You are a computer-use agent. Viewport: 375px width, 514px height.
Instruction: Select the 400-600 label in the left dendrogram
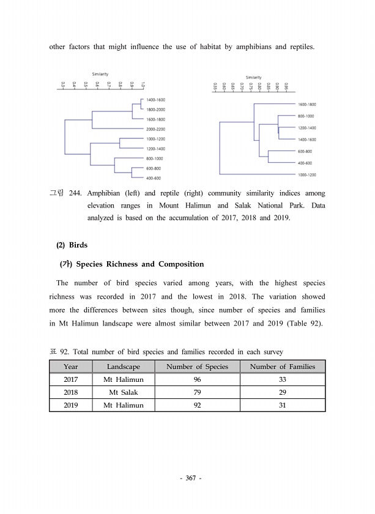[x=153, y=178]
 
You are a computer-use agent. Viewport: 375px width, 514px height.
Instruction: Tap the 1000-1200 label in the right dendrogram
[x=306, y=174]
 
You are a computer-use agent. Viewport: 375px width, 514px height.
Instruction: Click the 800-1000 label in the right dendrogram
[x=306, y=116]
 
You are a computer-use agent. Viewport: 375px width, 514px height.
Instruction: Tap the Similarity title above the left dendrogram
[x=101, y=73]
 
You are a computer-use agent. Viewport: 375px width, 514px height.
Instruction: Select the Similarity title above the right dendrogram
[x=254, y=77]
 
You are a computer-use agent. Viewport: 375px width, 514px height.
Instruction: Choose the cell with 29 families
[x=282, y=392]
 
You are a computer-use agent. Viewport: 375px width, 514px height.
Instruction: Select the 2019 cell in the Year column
[x=70, y=405]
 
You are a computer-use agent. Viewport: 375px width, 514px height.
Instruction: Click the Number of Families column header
[x=282, y=367]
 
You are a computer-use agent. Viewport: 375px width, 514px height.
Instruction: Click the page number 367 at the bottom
[x=187, y=478]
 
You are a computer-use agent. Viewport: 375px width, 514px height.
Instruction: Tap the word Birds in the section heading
[x=78, y=245]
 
